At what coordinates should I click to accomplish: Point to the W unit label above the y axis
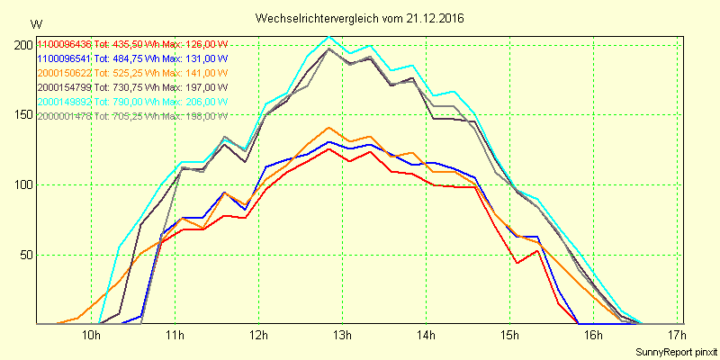(x=35, y=23)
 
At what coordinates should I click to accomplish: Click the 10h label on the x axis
(x=91, y=337)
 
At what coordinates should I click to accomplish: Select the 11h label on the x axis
(x=175, y=337)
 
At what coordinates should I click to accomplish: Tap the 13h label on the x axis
(x=342, y=337)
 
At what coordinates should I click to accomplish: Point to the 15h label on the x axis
(x=509, y=337)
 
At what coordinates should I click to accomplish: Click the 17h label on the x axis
(x=677, y=337)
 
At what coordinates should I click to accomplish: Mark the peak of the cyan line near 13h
(x=329, y=37)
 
